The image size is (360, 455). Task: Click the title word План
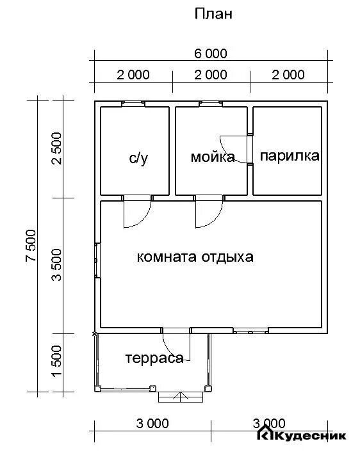click(213, 15)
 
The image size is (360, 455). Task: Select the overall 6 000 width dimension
click(211, 54)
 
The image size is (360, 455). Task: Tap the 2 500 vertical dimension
click(57, 148)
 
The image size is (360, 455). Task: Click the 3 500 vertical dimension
click(57, 266)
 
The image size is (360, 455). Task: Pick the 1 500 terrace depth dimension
click(57, 362)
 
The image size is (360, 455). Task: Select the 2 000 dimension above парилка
click(288, 75)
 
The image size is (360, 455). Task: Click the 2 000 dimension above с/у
click(133, 75)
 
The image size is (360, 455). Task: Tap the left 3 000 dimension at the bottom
click(152, 424)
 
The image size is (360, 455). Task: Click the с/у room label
click(138, 157)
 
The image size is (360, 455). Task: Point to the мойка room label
click(212, 157)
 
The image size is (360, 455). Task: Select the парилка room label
click(290, 156)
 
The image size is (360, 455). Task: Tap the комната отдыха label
click(195, 257)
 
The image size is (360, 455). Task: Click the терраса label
click(154, 358)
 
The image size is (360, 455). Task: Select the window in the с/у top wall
click(134, 103)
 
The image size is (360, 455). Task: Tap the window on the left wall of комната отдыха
click(97, 260)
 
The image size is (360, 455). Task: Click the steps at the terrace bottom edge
click(181, 397)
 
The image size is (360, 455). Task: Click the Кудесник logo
click(302, 435)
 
